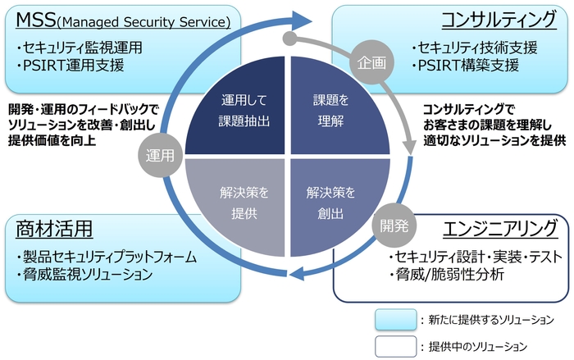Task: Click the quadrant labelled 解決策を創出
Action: coord(330,202)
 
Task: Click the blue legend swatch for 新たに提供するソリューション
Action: coord(395,319)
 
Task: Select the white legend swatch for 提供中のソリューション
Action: coord(395,345)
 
